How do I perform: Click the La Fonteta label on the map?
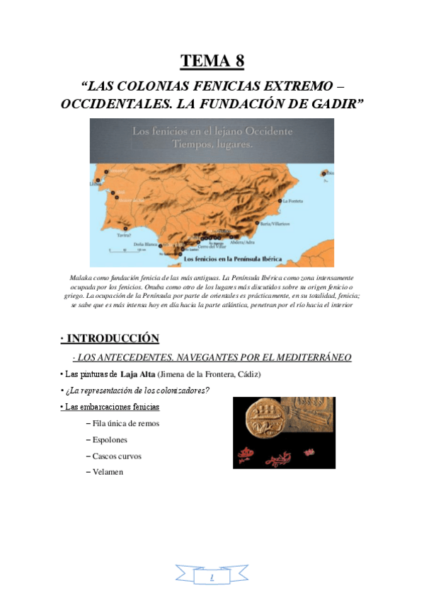[x=293, y=202]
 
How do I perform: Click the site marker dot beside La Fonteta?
[x=280, y=201]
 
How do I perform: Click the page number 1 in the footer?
[x=212, y=578]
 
